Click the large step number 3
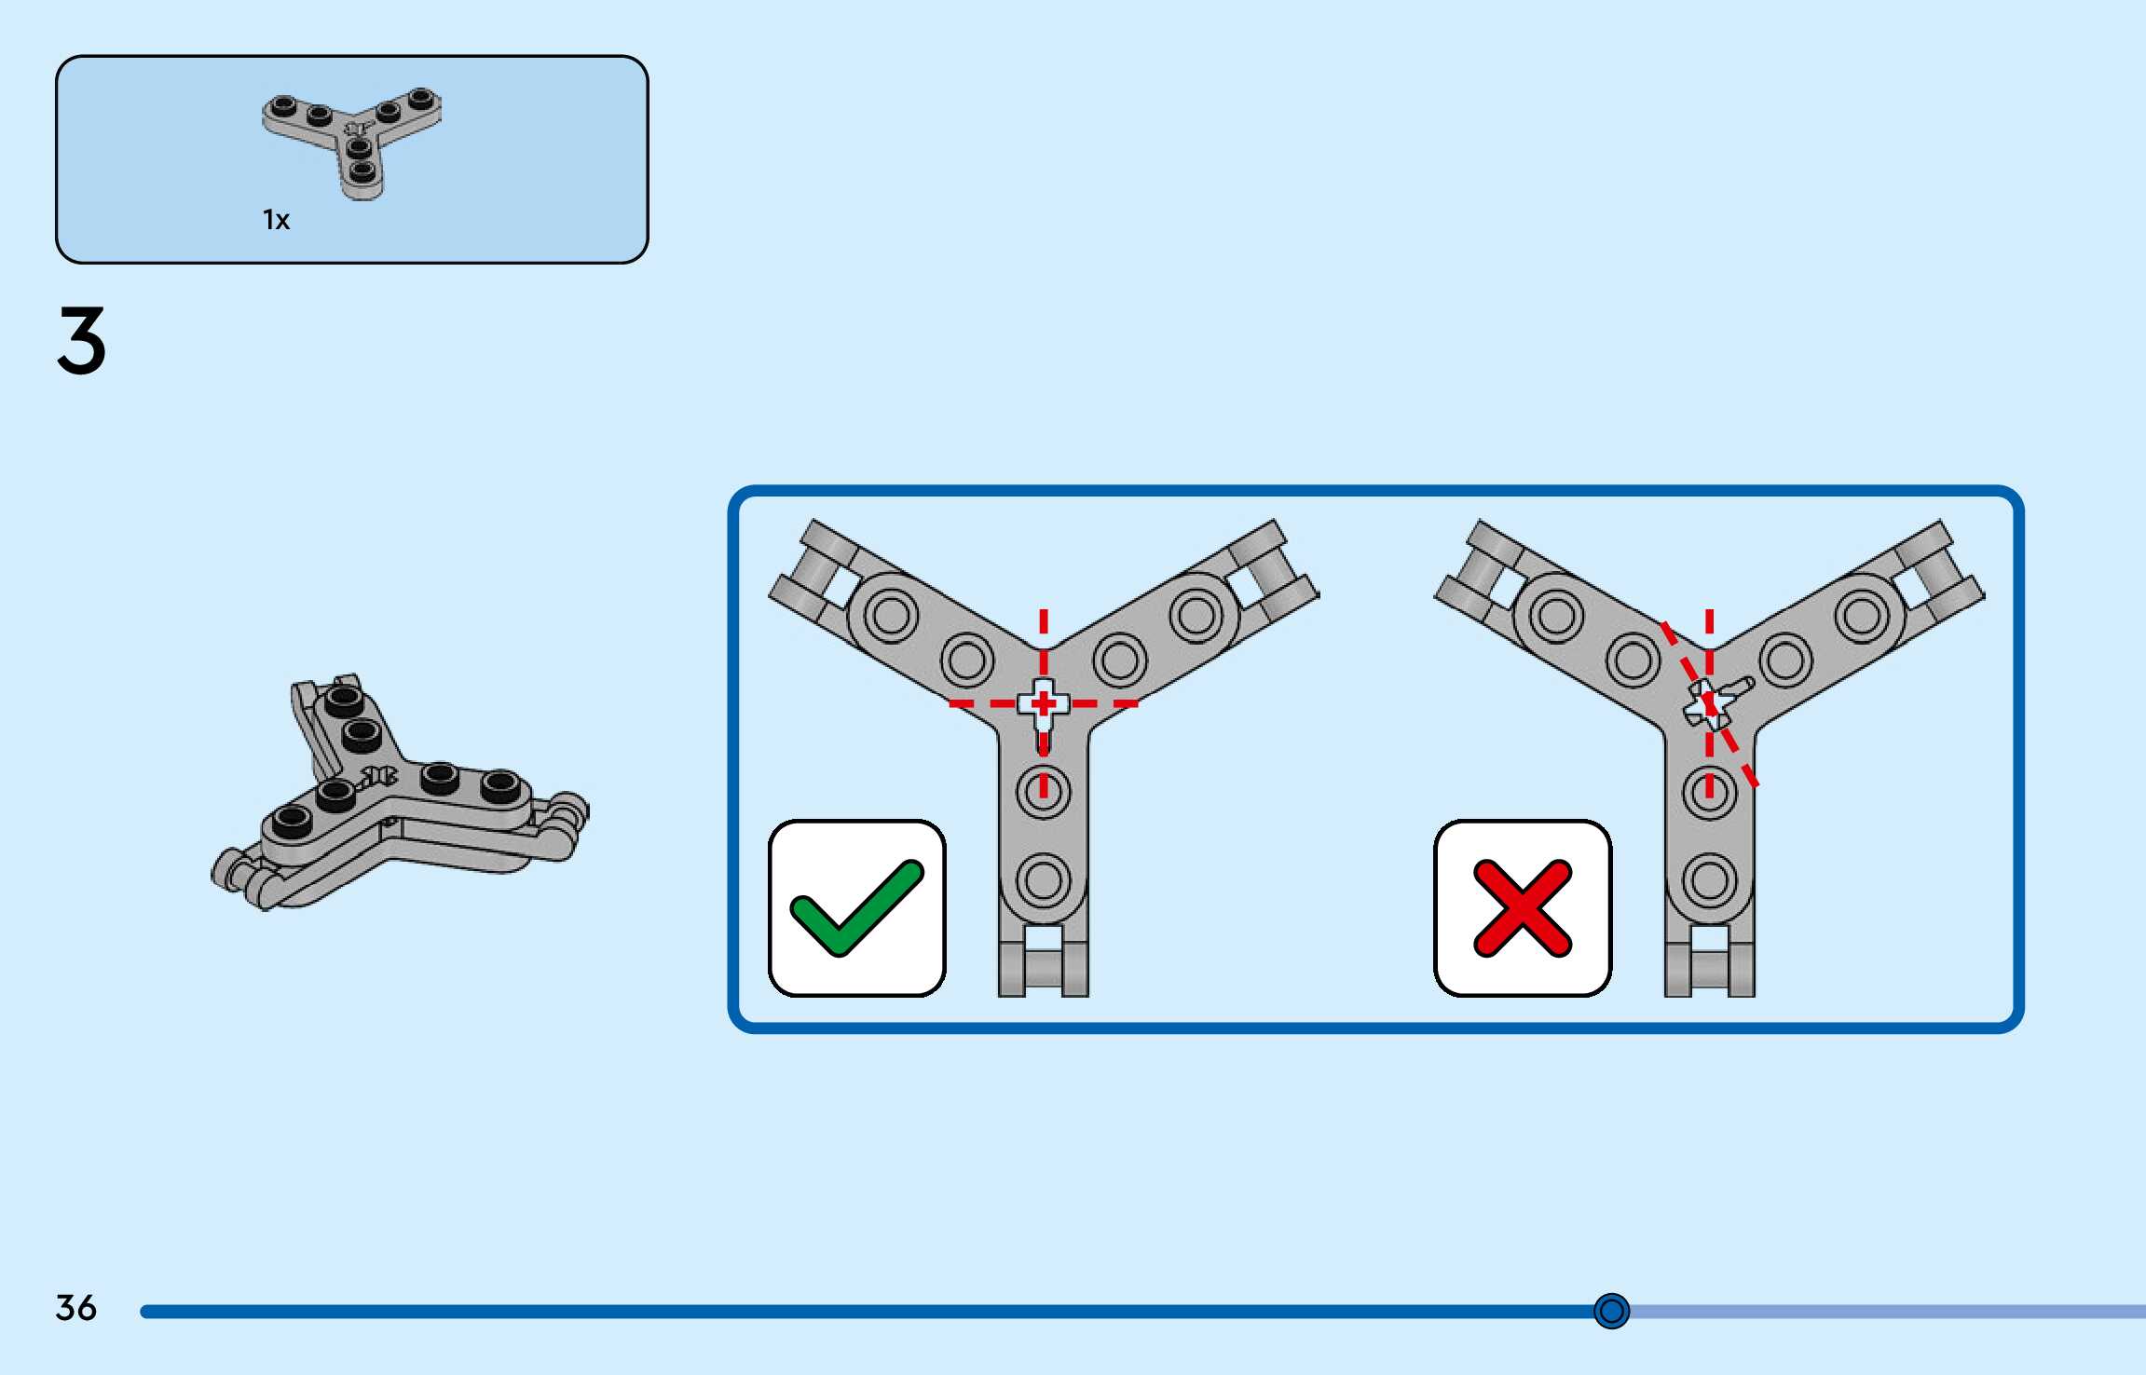click(x=82, y=341)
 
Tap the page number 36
click(x=75, y=1308)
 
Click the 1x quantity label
click(x=276, y=220)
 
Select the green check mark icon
click(x=856, y=908)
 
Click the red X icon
click(x=1523, y=908)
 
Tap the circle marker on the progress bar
click(x=1611, y=1311)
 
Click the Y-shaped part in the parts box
click(x=353, y=140)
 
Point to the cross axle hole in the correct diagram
click(x=1044, y=703)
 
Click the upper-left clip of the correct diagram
click(x=813, y=570)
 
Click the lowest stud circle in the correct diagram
click(x=1044, y=879)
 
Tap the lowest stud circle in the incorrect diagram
click(x=1710, y=879)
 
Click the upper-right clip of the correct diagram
click(x=1273, y=570)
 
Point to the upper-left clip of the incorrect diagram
click(x=1480, y=570)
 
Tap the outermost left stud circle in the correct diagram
click(x=891, y=615)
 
